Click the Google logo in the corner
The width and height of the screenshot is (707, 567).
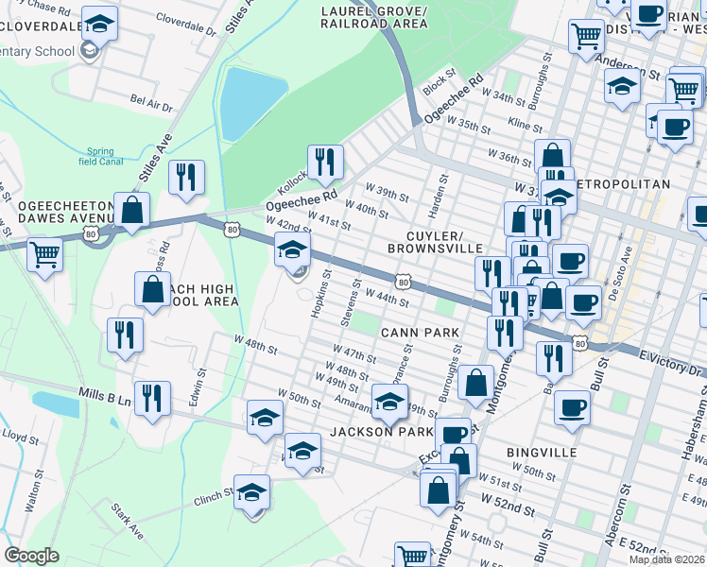(x=31, y=556)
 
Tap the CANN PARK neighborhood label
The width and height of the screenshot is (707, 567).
(x=420, y=333)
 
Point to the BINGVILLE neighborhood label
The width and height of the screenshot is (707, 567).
(x=542, y=453)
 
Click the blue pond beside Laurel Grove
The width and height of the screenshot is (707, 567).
(x=251, y=103)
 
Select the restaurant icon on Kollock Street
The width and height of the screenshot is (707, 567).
(x=324, y=162)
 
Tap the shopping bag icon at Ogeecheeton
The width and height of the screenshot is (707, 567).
(x=131, y=210)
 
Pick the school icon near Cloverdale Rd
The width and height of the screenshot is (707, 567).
(x=98, y=23)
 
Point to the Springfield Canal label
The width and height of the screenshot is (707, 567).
(x=99, y=156)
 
